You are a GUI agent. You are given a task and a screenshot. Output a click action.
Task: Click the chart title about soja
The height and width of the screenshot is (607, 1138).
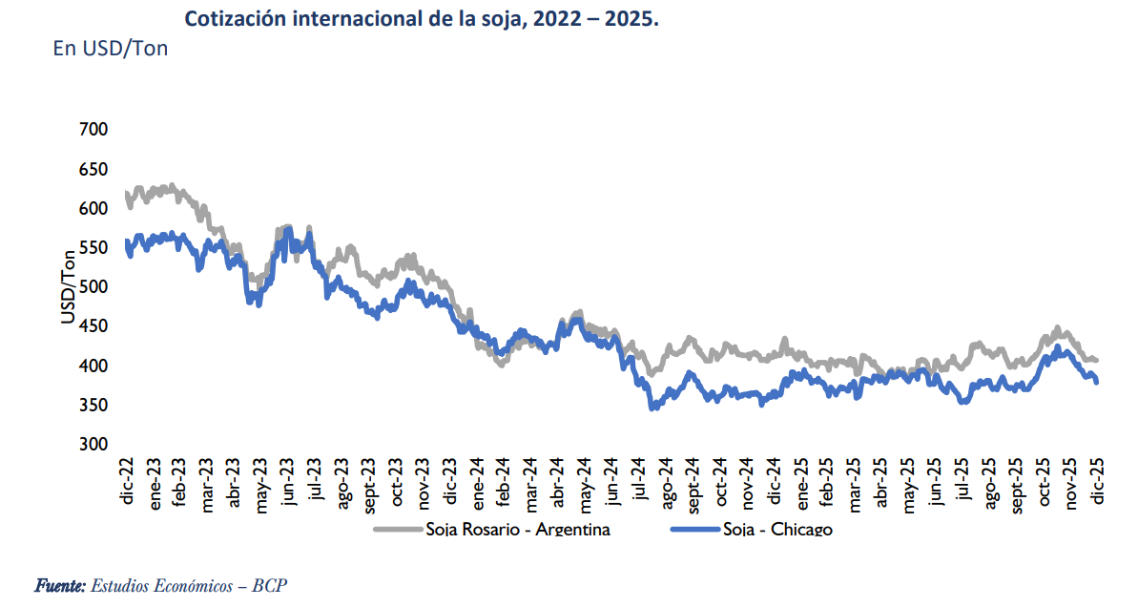[421, 18]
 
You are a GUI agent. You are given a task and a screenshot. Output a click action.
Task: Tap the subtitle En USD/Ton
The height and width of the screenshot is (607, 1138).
[111, 48]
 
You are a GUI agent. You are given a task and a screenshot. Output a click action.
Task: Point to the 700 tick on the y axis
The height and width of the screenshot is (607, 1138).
[93, 130]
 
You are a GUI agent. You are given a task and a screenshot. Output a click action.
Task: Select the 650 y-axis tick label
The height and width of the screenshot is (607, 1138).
[93, 169]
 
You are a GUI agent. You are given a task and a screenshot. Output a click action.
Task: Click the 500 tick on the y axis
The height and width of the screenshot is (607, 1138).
[93, 287]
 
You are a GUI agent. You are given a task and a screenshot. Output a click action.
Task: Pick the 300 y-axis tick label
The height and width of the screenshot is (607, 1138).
[93, 445]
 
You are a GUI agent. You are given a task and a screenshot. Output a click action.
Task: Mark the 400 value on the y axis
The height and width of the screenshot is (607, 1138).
[93, 366]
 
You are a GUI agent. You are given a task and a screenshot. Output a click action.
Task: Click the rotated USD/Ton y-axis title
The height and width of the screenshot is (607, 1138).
[68, 286]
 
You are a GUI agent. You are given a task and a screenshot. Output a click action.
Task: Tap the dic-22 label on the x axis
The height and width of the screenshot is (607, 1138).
[127, 481]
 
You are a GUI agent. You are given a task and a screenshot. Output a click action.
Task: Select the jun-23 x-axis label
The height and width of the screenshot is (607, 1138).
[288, 482]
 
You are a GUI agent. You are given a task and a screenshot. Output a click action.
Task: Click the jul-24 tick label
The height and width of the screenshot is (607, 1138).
[639, 482]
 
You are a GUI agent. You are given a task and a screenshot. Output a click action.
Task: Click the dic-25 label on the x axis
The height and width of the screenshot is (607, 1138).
[1097, 481]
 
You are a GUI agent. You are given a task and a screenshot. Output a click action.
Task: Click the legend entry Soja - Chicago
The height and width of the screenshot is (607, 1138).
[777, 530]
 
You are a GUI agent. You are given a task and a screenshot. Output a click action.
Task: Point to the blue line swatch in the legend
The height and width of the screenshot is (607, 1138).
[694, 530]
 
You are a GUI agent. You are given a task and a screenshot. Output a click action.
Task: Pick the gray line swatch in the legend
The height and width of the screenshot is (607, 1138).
[397, 530]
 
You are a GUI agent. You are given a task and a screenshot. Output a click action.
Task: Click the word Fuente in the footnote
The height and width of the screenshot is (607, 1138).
[60, 585]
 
